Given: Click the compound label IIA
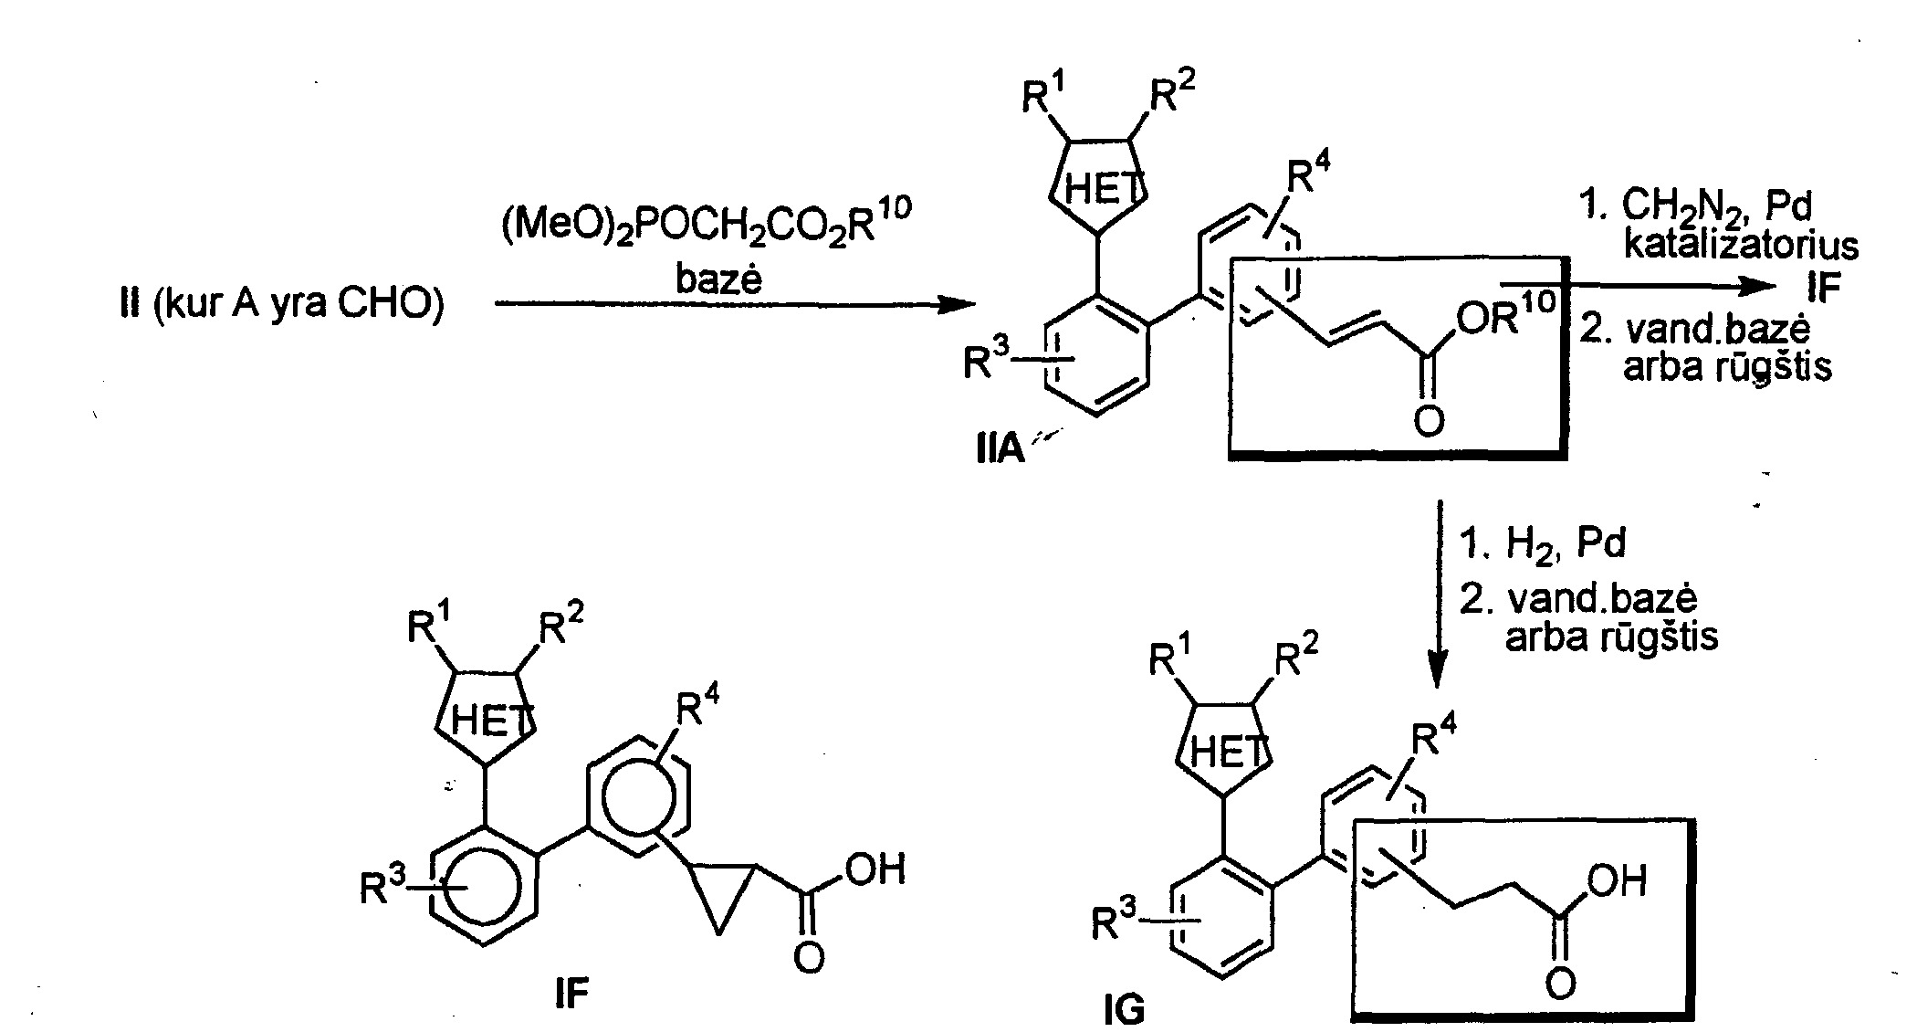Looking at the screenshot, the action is coord(1000,450).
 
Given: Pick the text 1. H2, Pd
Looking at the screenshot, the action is coord(1543,544).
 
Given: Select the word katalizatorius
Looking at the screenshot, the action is coord(1740,246).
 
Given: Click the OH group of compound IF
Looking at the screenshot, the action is coord(875,869).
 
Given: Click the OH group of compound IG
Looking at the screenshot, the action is coord(1618,881).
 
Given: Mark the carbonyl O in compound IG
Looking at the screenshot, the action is coord(1560,983).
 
